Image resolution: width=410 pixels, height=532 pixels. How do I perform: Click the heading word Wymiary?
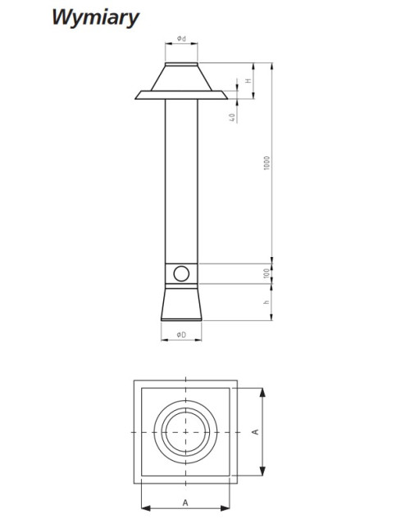pos(96,17)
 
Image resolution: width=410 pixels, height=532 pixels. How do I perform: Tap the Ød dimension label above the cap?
pos(181,38)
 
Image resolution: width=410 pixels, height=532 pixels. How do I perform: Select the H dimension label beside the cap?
pos(248,81)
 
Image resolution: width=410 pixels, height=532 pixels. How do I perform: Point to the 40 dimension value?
pos(232,117)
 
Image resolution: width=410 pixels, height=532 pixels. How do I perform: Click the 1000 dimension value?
pos(266,163)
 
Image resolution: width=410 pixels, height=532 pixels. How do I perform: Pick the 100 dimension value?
pos(266,273)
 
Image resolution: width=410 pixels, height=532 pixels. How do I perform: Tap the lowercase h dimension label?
pos(266,302)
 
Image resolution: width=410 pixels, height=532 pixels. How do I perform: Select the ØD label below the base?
pos(181,335)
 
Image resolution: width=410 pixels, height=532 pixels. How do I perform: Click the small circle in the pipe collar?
pos(181,273)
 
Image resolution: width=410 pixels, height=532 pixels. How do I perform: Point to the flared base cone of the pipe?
pos(181,304)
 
